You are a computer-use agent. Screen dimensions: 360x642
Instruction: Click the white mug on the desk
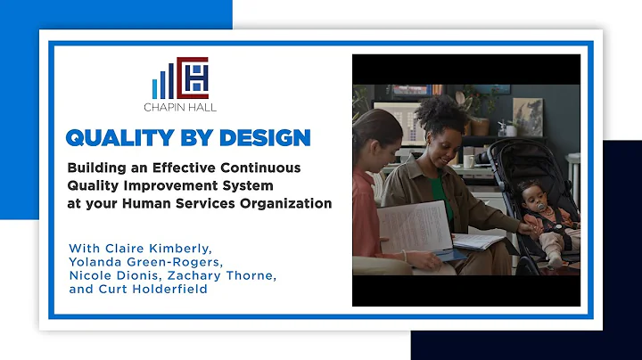pyautogui.click(x=467, y=161)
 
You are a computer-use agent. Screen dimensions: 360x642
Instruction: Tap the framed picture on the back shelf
pyautogui.click(x=527, y=116)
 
